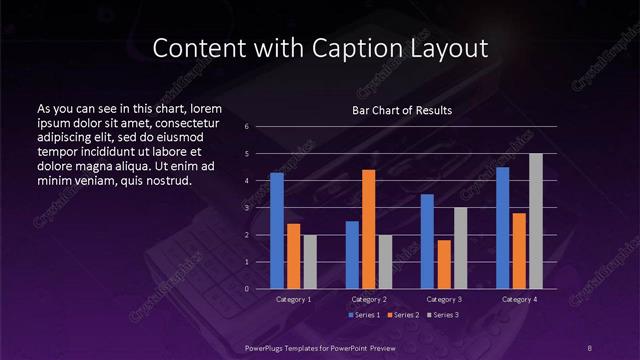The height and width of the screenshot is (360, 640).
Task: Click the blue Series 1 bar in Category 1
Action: tap(277, 231)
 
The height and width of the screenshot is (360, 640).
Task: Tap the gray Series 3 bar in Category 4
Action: tap(536, 221)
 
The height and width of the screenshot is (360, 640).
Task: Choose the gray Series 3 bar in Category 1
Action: tap(310, 262)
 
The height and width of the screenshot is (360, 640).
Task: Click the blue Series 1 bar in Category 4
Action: tap(502, 228)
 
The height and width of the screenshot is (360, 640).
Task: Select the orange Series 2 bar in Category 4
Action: tap(519, 251)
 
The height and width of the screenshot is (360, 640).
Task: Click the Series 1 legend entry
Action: tap(363, 315)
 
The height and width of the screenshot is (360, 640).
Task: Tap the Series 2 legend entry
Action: tap(402, 315)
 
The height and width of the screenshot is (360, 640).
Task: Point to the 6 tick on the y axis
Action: tap(260, 126)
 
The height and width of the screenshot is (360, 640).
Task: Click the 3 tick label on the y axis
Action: tap(260, 208)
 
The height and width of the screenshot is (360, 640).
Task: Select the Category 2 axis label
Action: tap(369, 299)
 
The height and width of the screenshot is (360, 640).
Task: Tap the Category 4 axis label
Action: tap(519, 299)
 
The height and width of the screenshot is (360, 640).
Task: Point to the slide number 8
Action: tap(590, 346)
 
